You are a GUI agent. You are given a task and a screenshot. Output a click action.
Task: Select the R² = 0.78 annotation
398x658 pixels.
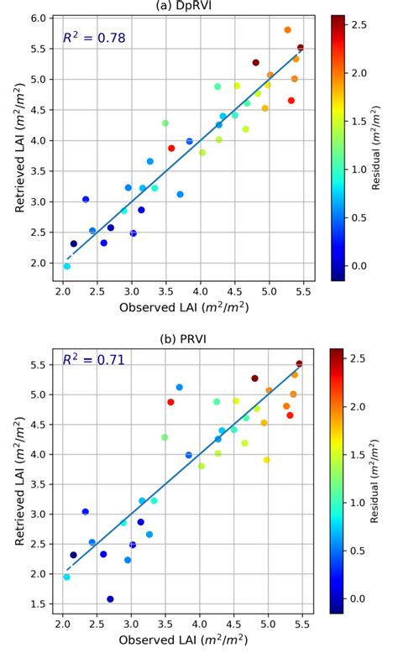94,38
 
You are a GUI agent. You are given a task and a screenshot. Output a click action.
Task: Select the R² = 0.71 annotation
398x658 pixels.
94,360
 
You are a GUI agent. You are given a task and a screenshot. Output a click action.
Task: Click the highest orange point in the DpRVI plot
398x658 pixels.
287,29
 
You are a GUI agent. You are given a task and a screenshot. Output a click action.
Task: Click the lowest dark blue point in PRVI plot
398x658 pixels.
110,599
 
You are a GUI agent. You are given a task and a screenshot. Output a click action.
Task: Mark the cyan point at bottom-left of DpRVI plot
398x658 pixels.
66,266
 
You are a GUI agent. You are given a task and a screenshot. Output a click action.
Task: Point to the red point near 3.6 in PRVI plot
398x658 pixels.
170,402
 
